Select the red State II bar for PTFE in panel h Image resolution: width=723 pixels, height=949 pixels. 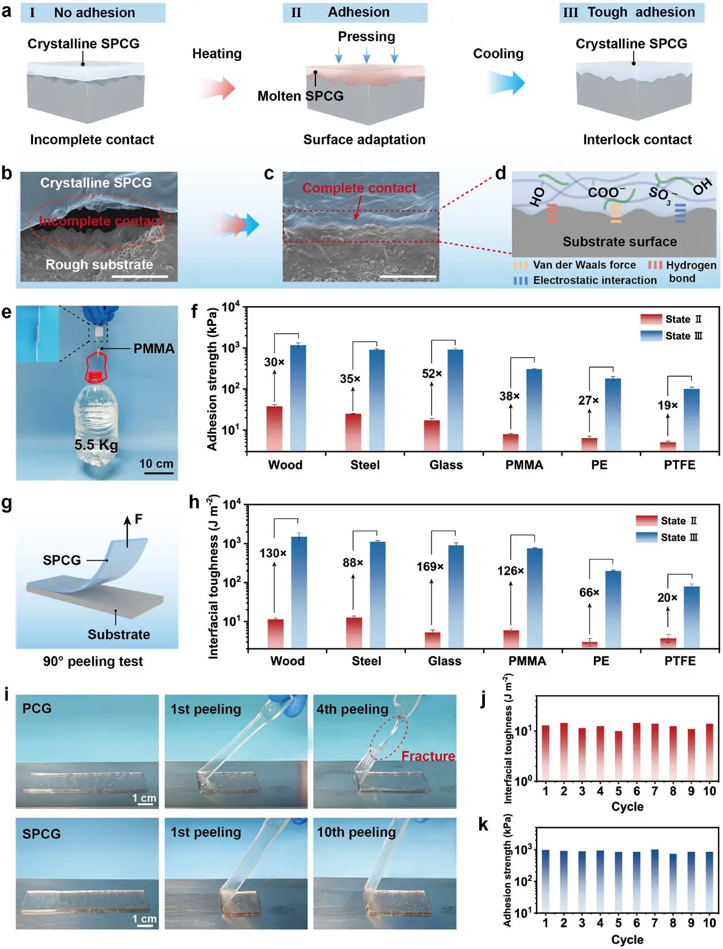point(668,642)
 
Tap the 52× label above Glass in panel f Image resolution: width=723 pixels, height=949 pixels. point(432,374)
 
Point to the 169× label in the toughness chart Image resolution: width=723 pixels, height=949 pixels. point(430,567)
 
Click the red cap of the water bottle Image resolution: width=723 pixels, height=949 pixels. point(95,376)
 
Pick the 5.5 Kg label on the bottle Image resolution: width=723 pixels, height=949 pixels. point(96,444)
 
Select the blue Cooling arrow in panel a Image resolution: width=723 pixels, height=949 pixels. point(506,83)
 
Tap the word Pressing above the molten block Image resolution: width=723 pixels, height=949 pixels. point(366,37)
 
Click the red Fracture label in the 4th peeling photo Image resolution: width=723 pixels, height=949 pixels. point(428,756)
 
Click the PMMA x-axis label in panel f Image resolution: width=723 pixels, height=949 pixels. point(524,465)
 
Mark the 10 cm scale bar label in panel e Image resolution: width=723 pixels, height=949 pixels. point(156,464)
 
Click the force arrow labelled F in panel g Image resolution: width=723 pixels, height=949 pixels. point(128,531)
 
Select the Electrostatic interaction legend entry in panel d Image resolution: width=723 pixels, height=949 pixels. point(594,280)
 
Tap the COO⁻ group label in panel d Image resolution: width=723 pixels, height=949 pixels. point(606,192)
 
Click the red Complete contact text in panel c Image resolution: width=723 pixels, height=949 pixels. point(359,188)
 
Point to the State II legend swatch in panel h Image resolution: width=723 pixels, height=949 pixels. point(646,521)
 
